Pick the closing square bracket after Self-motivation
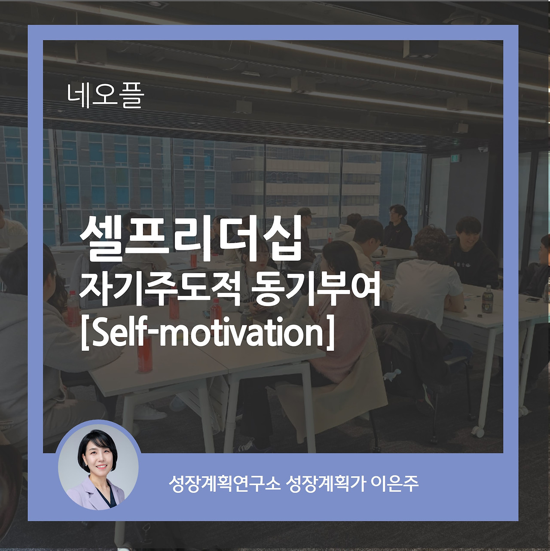click(330, 333)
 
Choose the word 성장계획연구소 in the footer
click(224, 484)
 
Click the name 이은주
click(394, 484)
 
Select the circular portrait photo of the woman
click(98, 466)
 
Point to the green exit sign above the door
click(454, 158)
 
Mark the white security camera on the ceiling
click(483, 149)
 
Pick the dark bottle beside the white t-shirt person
click(487, 299)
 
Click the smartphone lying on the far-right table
click(533, 299)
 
